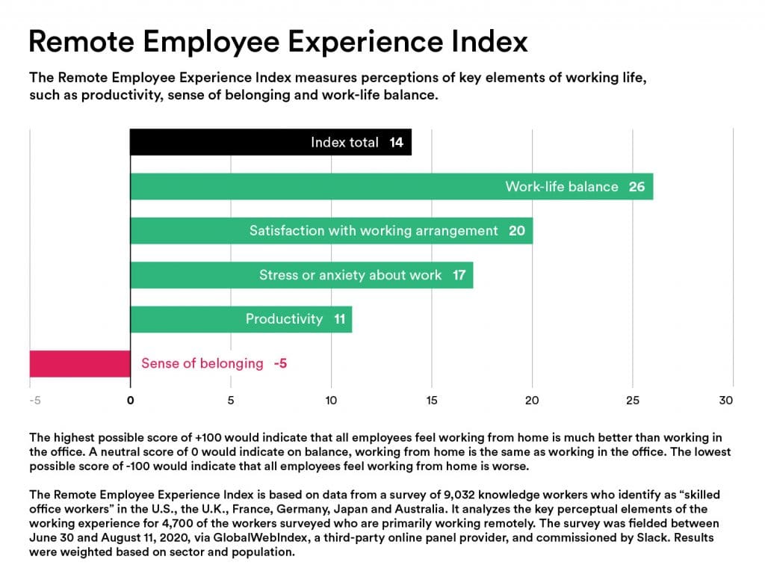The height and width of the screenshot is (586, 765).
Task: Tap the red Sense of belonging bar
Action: pyautogui.click(x=80, y=363)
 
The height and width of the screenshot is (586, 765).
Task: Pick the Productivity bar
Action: pyautogui.click(x=187, y=319)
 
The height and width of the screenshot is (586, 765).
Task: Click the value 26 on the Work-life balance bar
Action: pyautogui.click(x=637, y=186)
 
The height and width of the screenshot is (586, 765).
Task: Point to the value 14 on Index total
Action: pyautogui.click(x=396, y=142)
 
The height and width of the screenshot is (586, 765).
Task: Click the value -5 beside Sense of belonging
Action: pyautogui.click(x=280, y=364)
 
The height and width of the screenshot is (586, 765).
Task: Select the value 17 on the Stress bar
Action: pyautogui.click(x=459, y=275)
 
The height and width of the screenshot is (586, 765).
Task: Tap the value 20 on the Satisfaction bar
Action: pyautogui.click(x=517, y=231)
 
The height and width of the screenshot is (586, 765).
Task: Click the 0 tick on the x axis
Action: pyautogui.click(x=131, y=401)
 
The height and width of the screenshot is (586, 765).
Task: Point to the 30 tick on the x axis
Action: pyautogui.click(x=726, y=401)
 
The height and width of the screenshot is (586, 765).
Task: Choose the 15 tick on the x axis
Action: pyautogui.click(x=432, y=401)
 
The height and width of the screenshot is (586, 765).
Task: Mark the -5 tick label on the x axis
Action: pyautogui.click(x=34, y=401)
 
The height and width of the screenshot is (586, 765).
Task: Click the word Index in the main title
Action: pyautogui.click(x=488, y=41)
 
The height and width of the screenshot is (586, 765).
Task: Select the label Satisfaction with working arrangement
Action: pyautogui.click(x=374, y=231)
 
